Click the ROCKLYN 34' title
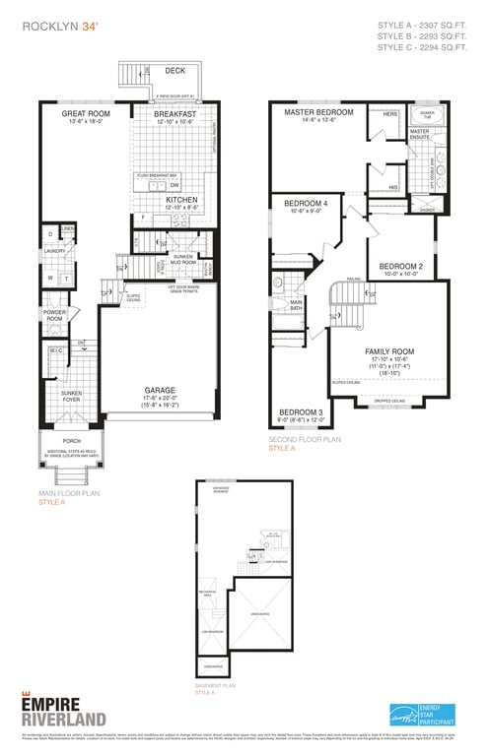point(60,28)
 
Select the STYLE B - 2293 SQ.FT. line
point(421,35)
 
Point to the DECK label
point(175,71)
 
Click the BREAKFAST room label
point(175,114)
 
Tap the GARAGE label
point(161,390)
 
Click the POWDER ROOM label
point(54,315)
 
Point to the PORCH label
point(72,441)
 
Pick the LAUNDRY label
point(54,251)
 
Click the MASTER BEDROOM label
point(317,112)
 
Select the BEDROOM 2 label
point(401,266)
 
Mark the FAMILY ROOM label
point(389,351)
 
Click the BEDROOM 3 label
point(301,411)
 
